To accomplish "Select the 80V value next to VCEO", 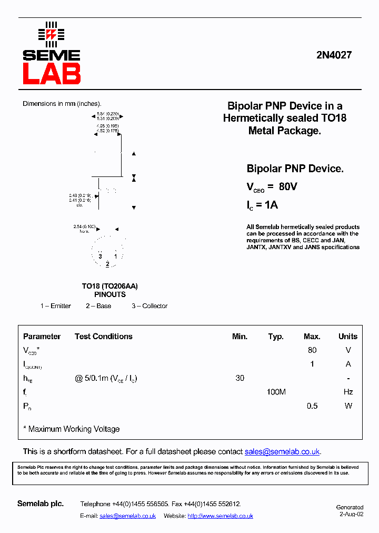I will point(288,186).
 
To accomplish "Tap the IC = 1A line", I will point(262,205).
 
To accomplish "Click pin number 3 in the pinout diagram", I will point(100,256).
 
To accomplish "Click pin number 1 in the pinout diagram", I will point(116,256).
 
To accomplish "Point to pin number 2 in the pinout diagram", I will point(107,264).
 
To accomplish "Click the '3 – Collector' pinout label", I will point(149,306).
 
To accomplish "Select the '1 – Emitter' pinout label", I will point(56,306).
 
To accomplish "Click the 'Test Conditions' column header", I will point(104,337).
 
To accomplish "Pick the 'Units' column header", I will point(347,337).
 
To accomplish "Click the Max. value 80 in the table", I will point(312,350).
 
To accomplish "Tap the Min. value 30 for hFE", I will point(240,378).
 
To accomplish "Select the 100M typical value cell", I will point(276,392).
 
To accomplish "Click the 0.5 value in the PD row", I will point(312,406).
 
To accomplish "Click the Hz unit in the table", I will point(348,392).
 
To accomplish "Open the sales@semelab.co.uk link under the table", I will point(282,452).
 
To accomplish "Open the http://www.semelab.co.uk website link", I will point(220,516).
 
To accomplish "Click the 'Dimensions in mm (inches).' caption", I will point(62,104).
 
